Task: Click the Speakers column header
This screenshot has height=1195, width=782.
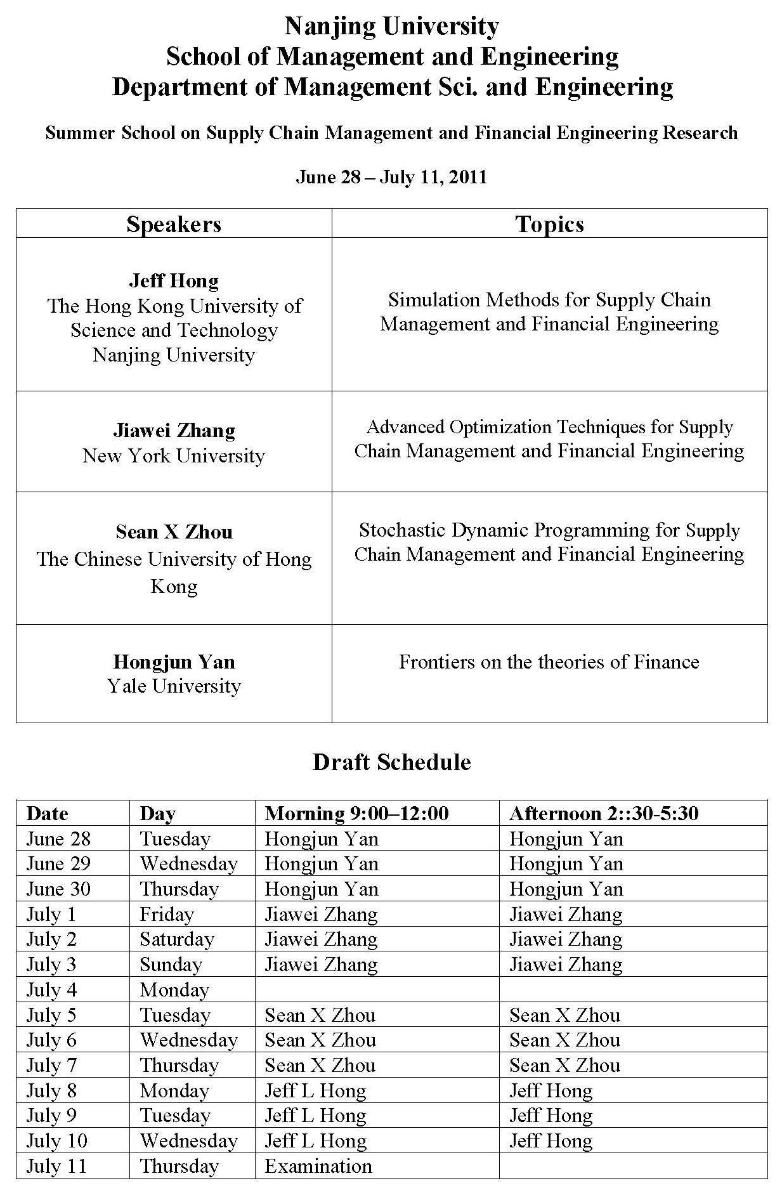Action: tap(174, 224)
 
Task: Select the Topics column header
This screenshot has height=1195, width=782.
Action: tap(549, 224)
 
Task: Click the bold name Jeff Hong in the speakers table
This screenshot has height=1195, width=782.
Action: tap(174, 280)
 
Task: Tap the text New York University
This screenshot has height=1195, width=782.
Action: tap(174, 455)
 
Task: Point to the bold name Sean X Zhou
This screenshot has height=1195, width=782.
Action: tap(174, 532)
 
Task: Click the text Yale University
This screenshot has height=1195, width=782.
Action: tap(174, 686)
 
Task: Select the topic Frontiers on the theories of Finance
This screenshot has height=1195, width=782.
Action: tap(549, 662)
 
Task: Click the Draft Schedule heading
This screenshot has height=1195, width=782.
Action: tap(391, 761)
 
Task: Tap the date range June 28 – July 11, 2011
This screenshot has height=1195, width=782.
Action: tap(391, 176)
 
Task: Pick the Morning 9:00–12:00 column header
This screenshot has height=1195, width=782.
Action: tap(356, 813)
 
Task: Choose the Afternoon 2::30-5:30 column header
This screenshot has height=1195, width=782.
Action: tap(604, 813)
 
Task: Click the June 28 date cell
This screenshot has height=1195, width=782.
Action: tap(58, 839)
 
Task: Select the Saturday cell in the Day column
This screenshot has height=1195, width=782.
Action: tap(177, 939)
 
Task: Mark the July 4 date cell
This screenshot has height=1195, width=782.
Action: tap(51, 989)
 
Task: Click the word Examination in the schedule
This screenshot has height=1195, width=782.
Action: tap(318, 1166)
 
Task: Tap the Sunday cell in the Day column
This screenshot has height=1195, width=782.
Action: tap(171, 964)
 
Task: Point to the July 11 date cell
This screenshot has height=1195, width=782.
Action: tap(56, 1166)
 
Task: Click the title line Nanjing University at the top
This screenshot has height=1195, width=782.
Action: tap(391, 27)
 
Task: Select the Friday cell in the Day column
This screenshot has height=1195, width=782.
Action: tap(167, 914)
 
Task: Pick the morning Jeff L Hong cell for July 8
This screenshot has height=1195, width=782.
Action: tap(315, 1090)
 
